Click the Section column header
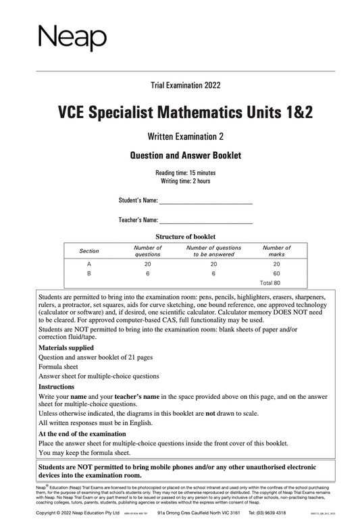pyautogui.click(x=89, y=251)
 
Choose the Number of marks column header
pyautogui.click(x=276, y=251)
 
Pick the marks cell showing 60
pyautogui.click(x=276, y=273)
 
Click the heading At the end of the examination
pyautogui.click(x=82, y=434)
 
